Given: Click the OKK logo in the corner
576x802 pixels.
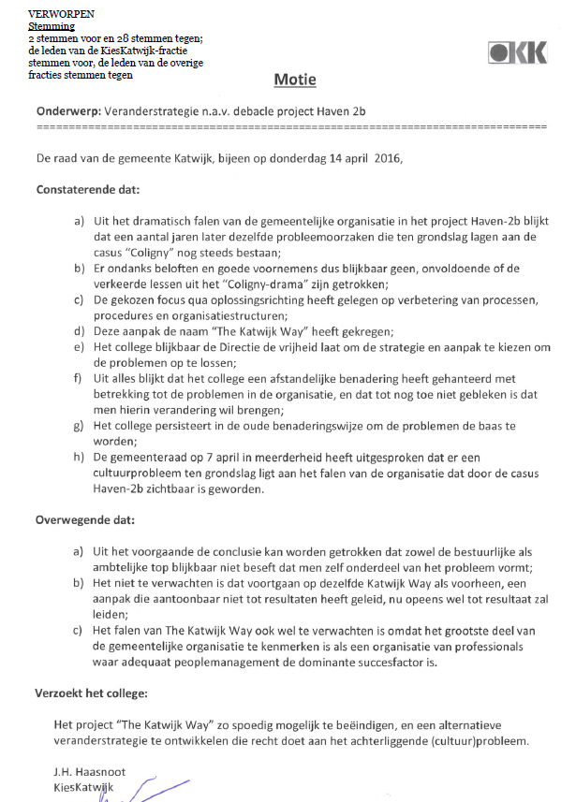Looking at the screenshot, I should [517, 53].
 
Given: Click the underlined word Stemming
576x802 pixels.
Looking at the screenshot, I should [51, 27].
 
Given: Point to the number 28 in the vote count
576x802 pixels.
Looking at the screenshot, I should [110, 38].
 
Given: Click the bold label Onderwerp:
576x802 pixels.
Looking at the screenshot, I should [69, 110].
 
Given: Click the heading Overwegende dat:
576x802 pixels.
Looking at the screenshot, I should [84, 521].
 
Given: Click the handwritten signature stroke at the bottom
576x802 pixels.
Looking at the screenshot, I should [150, 791].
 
